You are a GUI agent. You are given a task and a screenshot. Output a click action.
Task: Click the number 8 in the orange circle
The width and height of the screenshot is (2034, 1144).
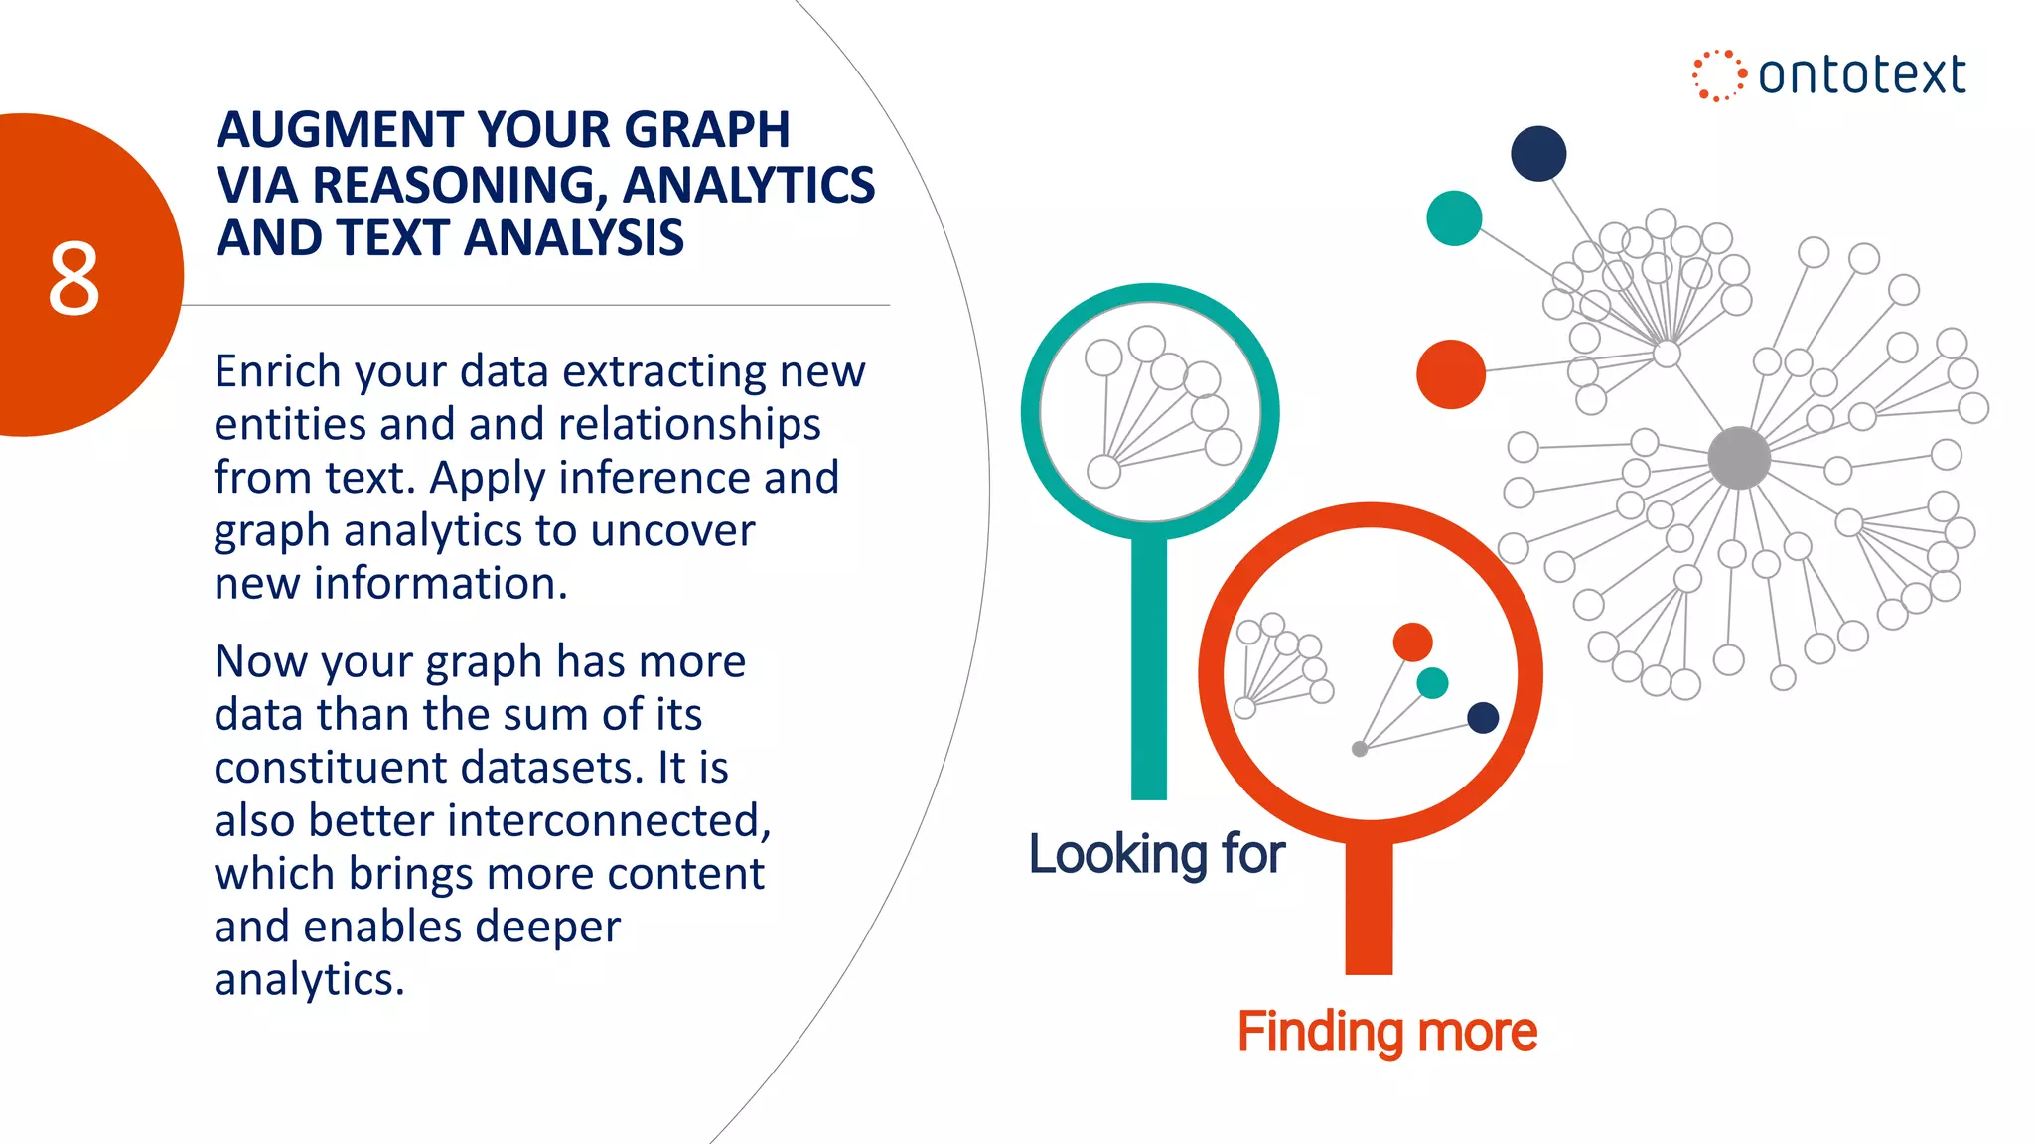point(74,279)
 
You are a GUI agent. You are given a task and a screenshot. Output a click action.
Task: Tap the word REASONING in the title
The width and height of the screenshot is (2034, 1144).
point(462,185)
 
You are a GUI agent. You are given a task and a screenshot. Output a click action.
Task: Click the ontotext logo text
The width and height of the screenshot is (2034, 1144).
point(1861,75)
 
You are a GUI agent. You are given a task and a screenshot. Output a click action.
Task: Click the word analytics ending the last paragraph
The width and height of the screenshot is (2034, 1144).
point(309,980)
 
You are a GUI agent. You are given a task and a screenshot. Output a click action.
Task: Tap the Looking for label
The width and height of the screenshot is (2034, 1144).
point(1156,854)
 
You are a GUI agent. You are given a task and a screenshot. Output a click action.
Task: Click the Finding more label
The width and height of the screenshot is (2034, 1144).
point(1386,1031)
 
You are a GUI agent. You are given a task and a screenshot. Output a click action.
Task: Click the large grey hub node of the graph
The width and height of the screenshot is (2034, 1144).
point(1738,458)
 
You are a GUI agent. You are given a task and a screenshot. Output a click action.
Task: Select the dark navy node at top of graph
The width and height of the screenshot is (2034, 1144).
point(1538,154)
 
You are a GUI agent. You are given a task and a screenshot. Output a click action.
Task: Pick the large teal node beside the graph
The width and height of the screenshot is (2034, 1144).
point(1454,218)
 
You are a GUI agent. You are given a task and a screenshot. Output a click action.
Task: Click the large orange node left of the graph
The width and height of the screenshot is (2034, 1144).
point(1451,374)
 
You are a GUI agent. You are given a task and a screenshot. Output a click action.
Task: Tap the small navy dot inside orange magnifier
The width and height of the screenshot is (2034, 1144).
point(1483,717)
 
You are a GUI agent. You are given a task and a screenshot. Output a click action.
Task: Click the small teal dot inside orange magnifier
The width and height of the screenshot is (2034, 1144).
point(1432,683)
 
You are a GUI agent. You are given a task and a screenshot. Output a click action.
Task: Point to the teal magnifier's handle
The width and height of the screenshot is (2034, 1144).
point(1149,675)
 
